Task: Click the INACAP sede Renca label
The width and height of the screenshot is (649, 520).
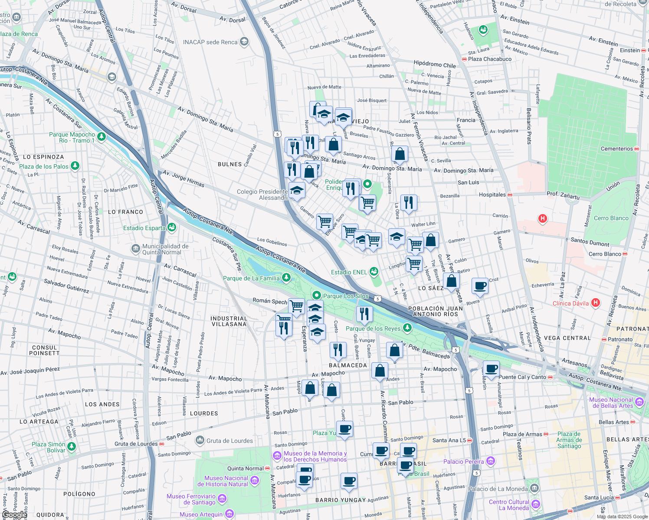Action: click(210, 42)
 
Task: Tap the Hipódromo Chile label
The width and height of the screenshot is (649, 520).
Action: click(435, 65)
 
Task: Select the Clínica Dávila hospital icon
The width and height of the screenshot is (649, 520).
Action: click(596, 303)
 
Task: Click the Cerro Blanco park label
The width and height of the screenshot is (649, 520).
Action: click(611, 218)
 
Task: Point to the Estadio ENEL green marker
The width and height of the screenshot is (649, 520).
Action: click(374, 272)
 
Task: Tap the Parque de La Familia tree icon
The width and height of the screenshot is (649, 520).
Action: click(286, 278)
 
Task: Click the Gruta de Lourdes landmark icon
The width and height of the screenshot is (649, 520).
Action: click(200, 440)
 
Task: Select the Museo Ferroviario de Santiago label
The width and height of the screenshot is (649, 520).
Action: click(191, 499)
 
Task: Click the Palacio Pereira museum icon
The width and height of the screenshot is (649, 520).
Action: click(491, 461)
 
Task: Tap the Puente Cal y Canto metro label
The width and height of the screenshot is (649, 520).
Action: click(522, 377)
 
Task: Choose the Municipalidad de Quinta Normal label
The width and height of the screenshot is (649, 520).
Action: click(165, 249)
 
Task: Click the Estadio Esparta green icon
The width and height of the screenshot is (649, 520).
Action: click(172, 227)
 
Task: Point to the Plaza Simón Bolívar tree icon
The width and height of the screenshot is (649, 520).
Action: click(72, 446)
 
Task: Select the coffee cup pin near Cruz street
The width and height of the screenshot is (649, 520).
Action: click(480, 286)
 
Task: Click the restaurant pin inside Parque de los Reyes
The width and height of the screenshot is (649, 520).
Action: click(364, 314)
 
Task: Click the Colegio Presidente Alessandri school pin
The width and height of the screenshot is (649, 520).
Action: click(297, 190)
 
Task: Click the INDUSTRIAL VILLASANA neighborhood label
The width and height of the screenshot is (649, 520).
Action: click(229, 321)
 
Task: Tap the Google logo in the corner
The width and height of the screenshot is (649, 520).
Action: click(14, 515)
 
